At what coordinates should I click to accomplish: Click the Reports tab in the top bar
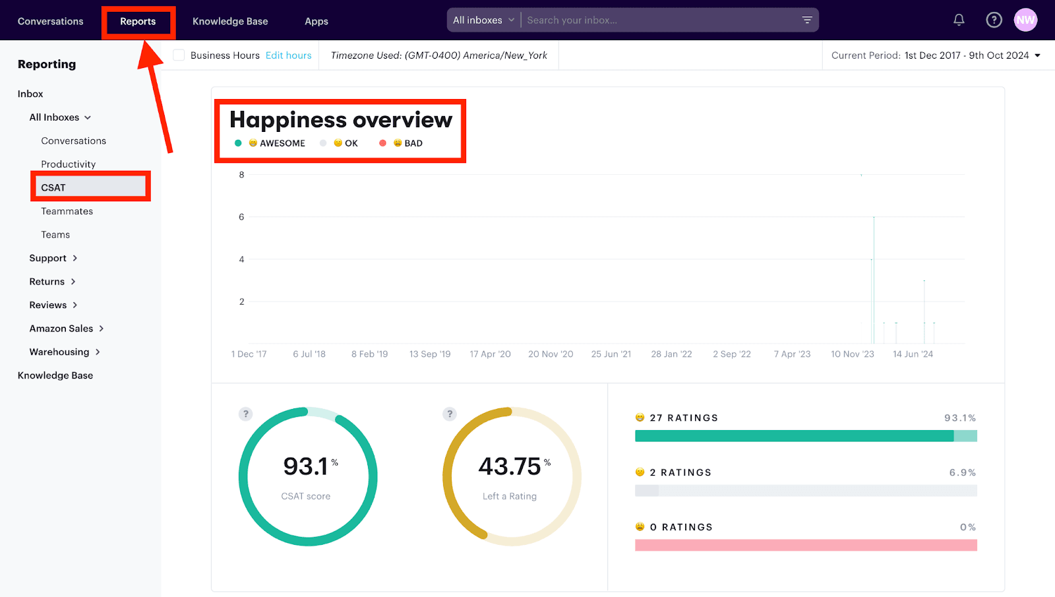pyautogui.click(x=138, y=22)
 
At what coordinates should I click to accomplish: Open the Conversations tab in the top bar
pyautogui.click(x=51, y=22)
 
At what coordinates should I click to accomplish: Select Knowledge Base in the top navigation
pyautogui.click(x=230, y=22)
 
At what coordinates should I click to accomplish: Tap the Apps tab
pyautogui.click(x=316, y=22)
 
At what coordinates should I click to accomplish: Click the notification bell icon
pyautogui.click(x=959, y=20)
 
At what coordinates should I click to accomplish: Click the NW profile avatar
pyautogui.click(x=1025, y=20)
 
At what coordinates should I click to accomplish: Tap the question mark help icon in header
pyautogui.click(x=994, y=20)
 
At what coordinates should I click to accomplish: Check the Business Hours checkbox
pyautogui.click(x=179, y=55)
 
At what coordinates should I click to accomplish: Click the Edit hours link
pyautogui.click(x=288, y=55)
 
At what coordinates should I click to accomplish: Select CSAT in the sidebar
pyautogui.click(x=53, y=187)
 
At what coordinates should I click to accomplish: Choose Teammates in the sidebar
pyautogui.click(x=67, y=211)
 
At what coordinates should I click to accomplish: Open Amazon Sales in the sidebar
pyautogui.click(x=61, y=329)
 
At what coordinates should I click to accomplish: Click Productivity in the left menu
pyautogui.click(x=69, y=164)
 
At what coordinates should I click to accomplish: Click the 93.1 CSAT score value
pyautogui.click(x=306, y=466)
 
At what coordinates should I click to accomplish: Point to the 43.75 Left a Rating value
pyautogui.click(x=510, y=466)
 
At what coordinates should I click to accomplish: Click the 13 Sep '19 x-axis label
pyautogui.click(x=430, y=354)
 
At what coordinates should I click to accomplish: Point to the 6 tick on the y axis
pyautogui.click(x=241, y=217)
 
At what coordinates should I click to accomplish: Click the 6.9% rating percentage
pyautogui.click(x=962, y=472)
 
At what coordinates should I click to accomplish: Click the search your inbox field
pyautogui.click(x=659, y=20)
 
